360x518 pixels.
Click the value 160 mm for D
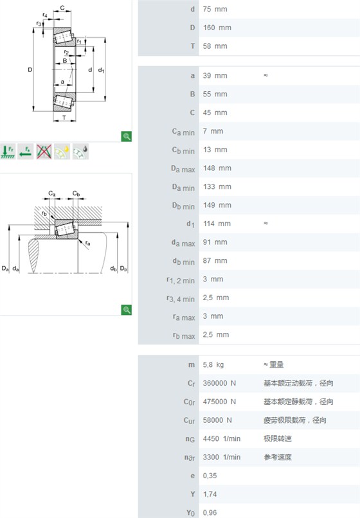coord(217,28)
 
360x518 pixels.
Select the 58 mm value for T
coord(215,46)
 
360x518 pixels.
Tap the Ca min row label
coord(183,132)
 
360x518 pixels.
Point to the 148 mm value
coord(217,168)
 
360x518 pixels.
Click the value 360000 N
coord(219,383)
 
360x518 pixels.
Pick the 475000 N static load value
coord(219,402)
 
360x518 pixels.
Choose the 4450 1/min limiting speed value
coord(222,439)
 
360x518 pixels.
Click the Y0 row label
coord(190,513)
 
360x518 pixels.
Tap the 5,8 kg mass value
coord(213,364)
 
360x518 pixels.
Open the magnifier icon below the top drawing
coord(126,136)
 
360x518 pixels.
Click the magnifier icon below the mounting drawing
coord(126,310)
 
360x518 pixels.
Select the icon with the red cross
coord(44,152)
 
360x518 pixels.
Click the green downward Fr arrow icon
coord(8,152)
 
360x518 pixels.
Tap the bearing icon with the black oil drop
coord(80,152)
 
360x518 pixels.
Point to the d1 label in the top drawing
coord(101,70)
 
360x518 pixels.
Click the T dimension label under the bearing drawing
coord(64,117)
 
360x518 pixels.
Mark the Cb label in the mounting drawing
coord(76,193)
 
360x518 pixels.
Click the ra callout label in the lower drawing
coord(87,243)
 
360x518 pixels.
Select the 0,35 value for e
coord(210,476)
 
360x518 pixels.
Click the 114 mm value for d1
coord(217,224)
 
